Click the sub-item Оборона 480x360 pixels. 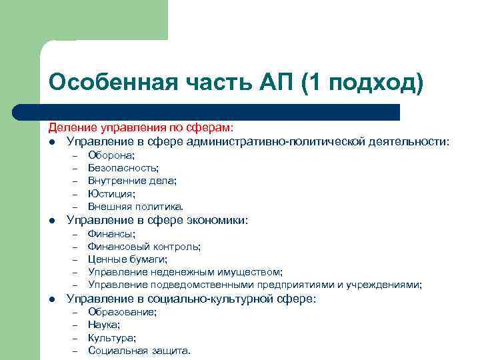click(111, 155)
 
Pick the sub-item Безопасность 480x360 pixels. click(123, 168)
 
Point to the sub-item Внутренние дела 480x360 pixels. click(133, 181)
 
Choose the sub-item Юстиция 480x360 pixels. click(111, 193)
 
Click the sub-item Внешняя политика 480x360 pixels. click(135, 206)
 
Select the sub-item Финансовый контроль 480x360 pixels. click(144, 247)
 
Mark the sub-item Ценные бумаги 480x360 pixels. click(128, 259)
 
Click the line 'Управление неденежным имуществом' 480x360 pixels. click(185, 272)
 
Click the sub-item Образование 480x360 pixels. click(123, 312)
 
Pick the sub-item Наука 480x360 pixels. click(104, 325)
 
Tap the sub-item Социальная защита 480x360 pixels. click(139, 351)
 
